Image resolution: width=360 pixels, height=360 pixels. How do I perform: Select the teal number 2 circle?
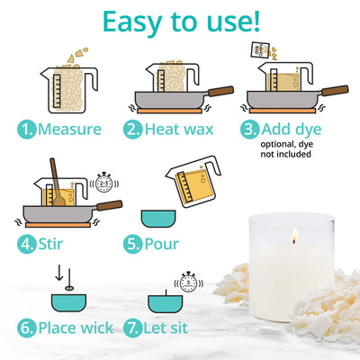point(133,129)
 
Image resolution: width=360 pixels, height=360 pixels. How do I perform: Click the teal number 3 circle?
point(250,129)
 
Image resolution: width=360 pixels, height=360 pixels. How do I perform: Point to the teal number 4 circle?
point(27,243)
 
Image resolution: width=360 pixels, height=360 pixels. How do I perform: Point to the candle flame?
point(292,236)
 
